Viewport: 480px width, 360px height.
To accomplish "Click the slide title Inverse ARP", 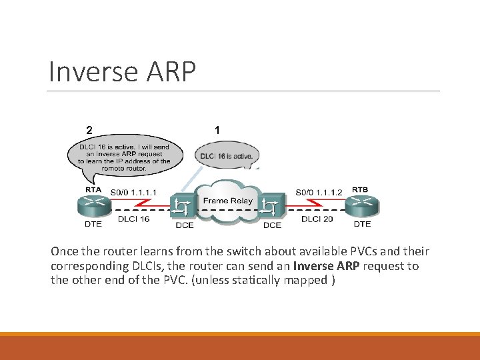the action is [x=122, y=72].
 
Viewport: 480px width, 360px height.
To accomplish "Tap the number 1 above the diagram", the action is [x=217, y=129].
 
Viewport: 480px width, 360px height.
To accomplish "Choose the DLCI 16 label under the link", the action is [x=133, y=219].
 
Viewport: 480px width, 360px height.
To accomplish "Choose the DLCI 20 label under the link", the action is [x=317, y=219].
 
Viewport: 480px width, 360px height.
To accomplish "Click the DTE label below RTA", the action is [x=93, y=224].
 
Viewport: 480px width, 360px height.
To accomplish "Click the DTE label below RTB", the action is [x=362, y=224].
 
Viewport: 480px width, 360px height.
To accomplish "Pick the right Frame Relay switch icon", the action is [x=271, y=207].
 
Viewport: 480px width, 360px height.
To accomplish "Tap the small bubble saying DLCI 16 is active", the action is [x=226, y=156].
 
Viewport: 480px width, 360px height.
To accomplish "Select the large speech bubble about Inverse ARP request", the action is [x=123, y=158].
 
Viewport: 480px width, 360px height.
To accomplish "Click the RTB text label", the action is [x=360, y=189].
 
